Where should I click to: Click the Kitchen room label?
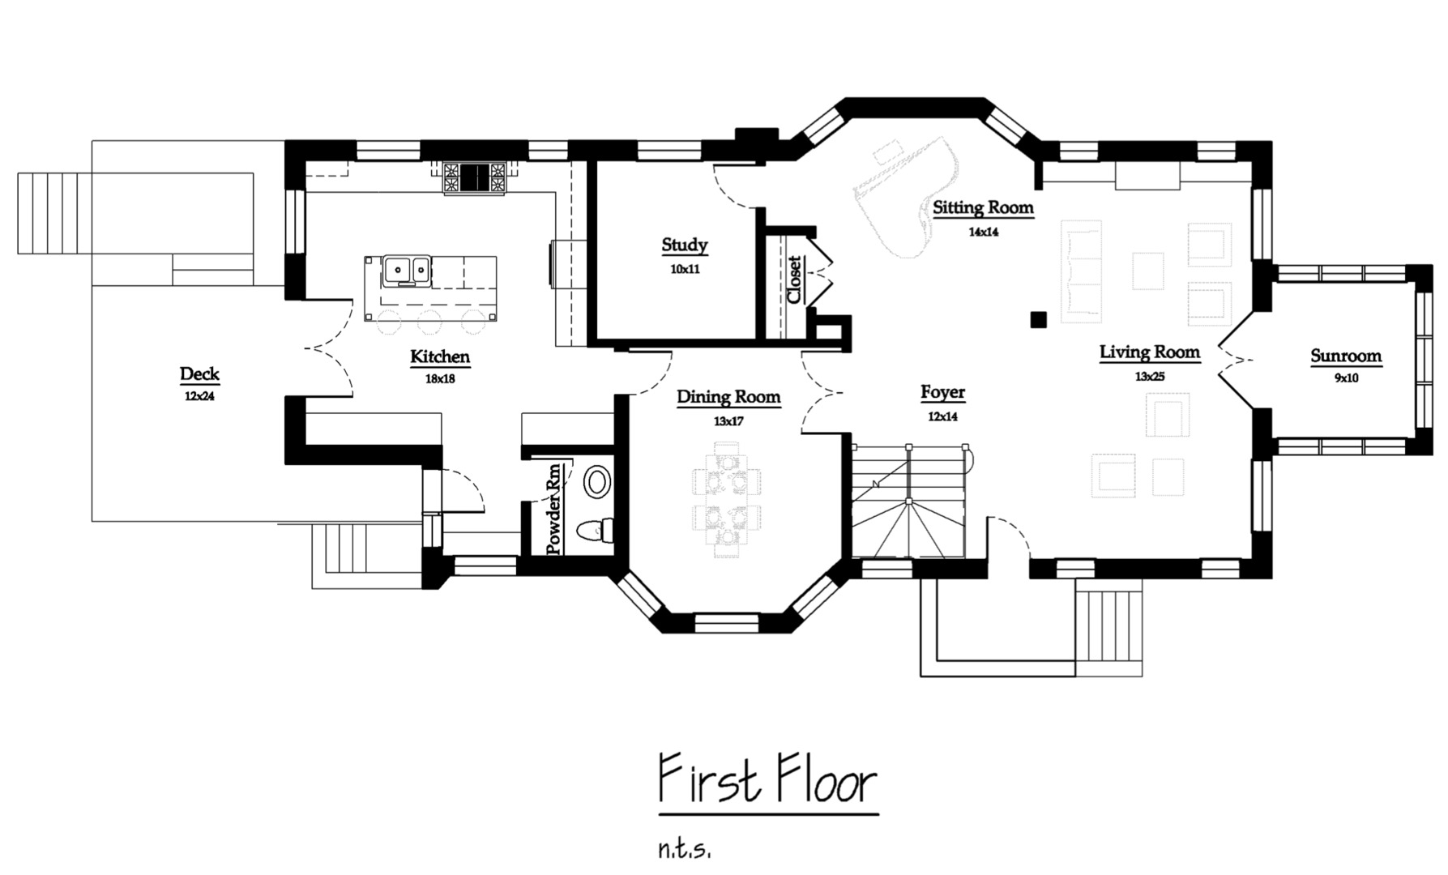440,356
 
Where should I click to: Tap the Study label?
685,245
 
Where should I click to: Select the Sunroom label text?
1346,356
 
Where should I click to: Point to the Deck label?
199,374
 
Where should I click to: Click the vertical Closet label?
794,280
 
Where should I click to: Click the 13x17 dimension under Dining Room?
728,421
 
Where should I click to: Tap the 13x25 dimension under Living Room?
1149,376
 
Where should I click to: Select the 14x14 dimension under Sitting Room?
983,232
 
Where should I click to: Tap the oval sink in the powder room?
598,482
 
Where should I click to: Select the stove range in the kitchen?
476,179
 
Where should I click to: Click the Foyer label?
942,393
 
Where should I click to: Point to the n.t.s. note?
684,850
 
